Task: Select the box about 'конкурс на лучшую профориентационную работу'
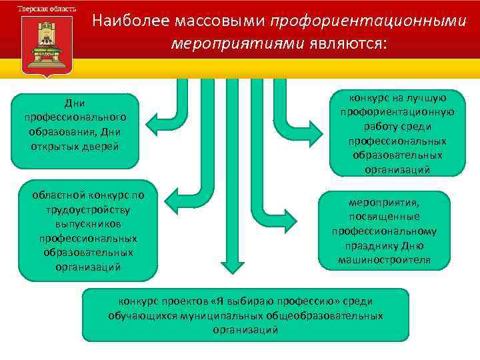pyautogui.click(x=397, y=132)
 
